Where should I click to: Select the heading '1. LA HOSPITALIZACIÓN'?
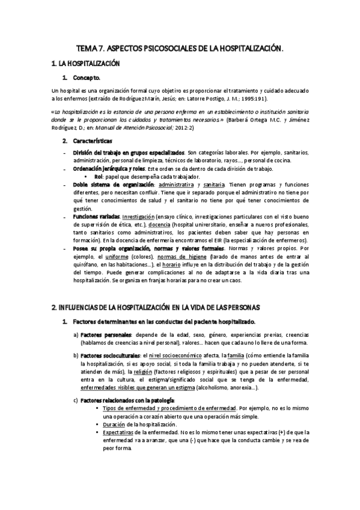click(86, 63)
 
